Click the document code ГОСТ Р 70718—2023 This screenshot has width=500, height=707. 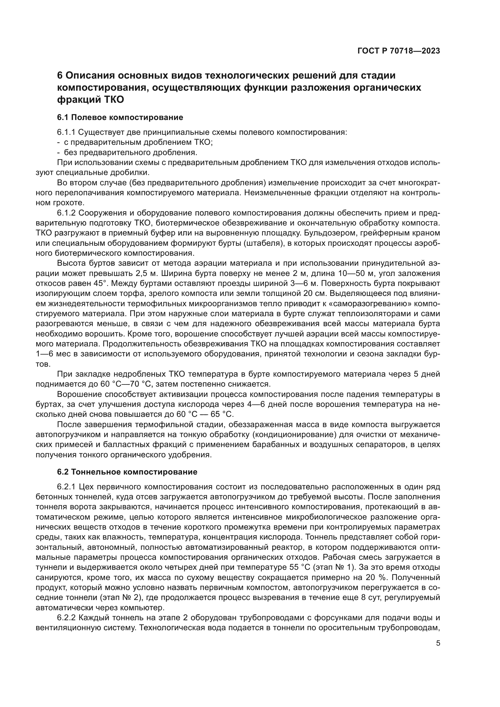pos(399,51)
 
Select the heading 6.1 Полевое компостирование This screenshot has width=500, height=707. pos(120,117)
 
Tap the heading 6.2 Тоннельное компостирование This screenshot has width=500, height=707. pos(127,472)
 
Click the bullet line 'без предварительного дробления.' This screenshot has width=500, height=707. pos(130,152)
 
